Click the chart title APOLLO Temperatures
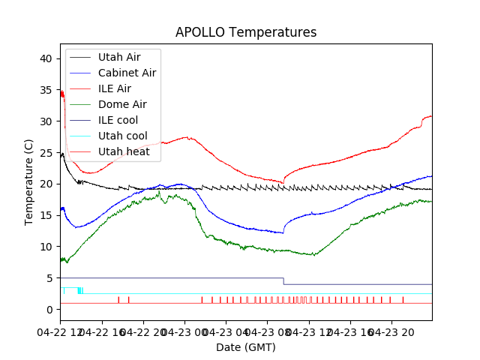pyautogui.click(x=246, y=32)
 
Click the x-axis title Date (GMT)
pyautogui.click(x=246, y=347)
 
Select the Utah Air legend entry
pyautogui.click(x=118, y=57)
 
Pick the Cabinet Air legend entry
pyautogui.click(x=127, y=73)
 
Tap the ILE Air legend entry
pyautogui.click(x=115, y=88)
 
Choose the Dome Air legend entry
pyautogui.click(x=122, y=104)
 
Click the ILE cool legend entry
pyautogui.click(x=118, y=120)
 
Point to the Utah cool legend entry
pyautogui.click(x=123, y=136)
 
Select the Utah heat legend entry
pyautogui.click(x=124, y=151)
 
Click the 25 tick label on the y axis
pyautogui.click(x=46, y=152)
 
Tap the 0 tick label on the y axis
pyautogui.click(x=49, y=309)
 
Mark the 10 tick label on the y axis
pyautogui.click(x=46, y=247)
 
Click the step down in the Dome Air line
pyautogui.click(x=283, y=281)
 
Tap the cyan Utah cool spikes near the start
pyautogui.click(x=80, y=290)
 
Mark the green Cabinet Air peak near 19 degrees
pyautogui.click(x=159, y=192)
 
